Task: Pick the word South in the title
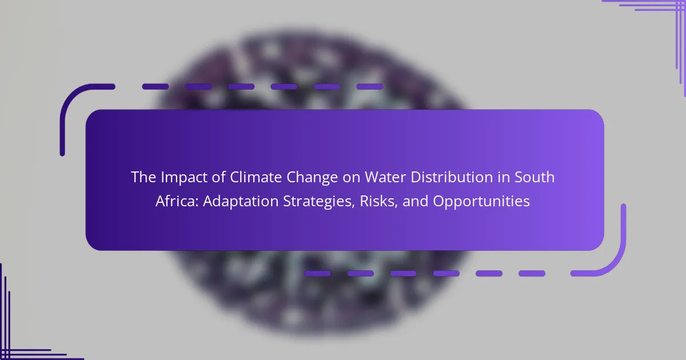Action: tap(535, 177)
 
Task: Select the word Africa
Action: tap(177, 201)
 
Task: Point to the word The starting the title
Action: tap(143, 177)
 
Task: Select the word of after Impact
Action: tap(218, 177)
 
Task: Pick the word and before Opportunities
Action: tap(415, 201)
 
